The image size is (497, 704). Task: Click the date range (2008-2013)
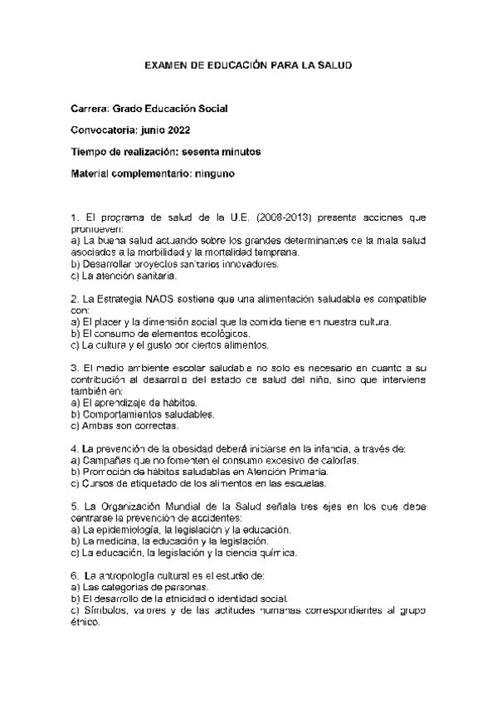coord(279,218)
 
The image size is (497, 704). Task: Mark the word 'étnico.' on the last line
coord(86,622)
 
